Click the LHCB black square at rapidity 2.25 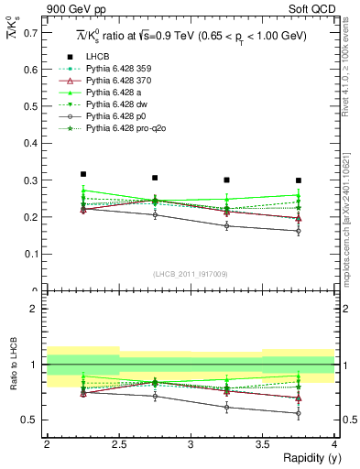point(82,174)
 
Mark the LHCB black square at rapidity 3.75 point(299,180)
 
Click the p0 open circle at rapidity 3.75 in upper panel point(299,231)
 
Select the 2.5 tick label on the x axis point(118,444)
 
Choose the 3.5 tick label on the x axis point(262,444)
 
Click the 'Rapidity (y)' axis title point(308,458)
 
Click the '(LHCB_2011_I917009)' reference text point(191,273)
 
